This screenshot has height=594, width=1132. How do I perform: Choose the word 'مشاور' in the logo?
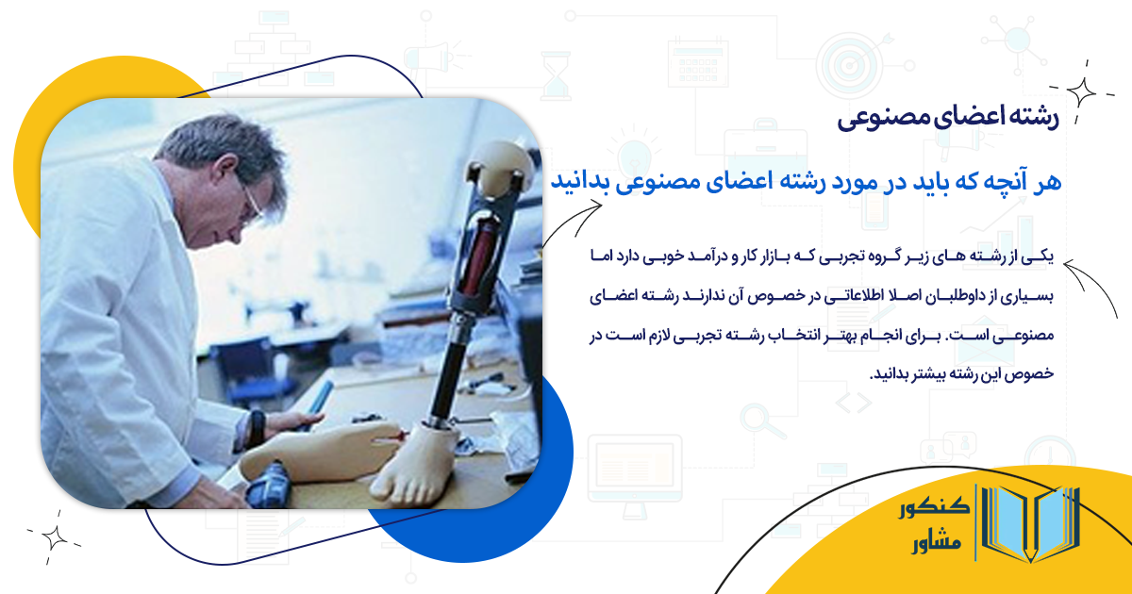pyautogui.click(x=935, y=544)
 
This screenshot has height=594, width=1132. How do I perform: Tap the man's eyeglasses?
pyautogui.click(x=251, y=201)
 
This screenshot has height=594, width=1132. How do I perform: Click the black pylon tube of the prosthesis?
pyautogui.click(x=449, y=368)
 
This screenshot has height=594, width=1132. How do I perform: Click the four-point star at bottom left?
pyautogui.click(x=54, y=536)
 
